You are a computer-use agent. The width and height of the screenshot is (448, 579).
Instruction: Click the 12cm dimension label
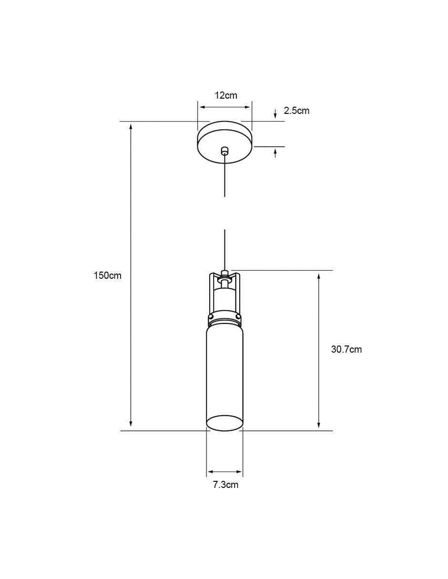coord(225,95)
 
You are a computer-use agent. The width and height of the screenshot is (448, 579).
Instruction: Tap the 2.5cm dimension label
coord(296,111)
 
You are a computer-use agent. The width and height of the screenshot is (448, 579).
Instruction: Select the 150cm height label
coord(107,275)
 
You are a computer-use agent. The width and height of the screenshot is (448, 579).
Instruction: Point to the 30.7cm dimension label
coord(346,349)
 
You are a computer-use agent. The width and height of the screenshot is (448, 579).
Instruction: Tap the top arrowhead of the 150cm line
coord(131,127)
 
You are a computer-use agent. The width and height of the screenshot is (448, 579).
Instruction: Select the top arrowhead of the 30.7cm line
coord(318,276)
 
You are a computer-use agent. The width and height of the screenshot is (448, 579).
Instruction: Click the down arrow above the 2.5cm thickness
coord(275,113)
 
